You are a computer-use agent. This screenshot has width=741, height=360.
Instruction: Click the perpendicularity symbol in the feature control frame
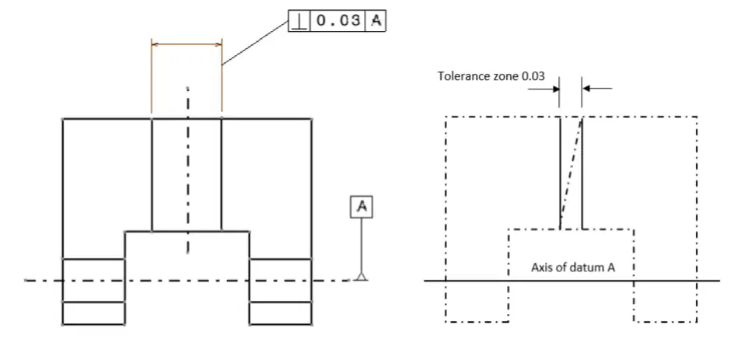pos(299,21)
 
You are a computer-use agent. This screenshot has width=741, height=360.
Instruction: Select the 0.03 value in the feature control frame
pos(338,21)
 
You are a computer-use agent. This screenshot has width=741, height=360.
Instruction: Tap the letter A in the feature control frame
pos(376,21)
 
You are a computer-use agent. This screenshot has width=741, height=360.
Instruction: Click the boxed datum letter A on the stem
pos(362,207)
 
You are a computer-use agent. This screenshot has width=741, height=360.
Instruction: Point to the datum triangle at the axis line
pos(362,276)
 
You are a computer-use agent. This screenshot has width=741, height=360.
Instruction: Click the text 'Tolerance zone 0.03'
pos(491,76)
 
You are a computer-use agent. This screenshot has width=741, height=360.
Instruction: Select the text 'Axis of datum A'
pos(573,267)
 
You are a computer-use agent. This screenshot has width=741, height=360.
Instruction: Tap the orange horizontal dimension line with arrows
pos(187,45)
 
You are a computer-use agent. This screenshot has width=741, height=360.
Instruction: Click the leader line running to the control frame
pos(255,43)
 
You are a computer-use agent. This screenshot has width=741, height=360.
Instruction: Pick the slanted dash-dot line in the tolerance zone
pos(571,173)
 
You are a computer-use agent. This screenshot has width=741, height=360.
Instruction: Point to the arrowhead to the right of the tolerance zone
pos(587,88)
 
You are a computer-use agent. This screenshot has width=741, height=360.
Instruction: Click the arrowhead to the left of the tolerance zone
pos(554,88)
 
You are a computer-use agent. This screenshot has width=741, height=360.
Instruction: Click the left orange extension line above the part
pos(151,76)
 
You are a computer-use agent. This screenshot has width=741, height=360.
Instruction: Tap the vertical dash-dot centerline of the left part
pos(187,170)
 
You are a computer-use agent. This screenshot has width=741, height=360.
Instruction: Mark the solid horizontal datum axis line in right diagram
pos(571,281)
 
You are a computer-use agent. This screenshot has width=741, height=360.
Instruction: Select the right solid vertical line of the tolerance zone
pos(582,173)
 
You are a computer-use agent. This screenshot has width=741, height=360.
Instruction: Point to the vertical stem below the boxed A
pos(362,245)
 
